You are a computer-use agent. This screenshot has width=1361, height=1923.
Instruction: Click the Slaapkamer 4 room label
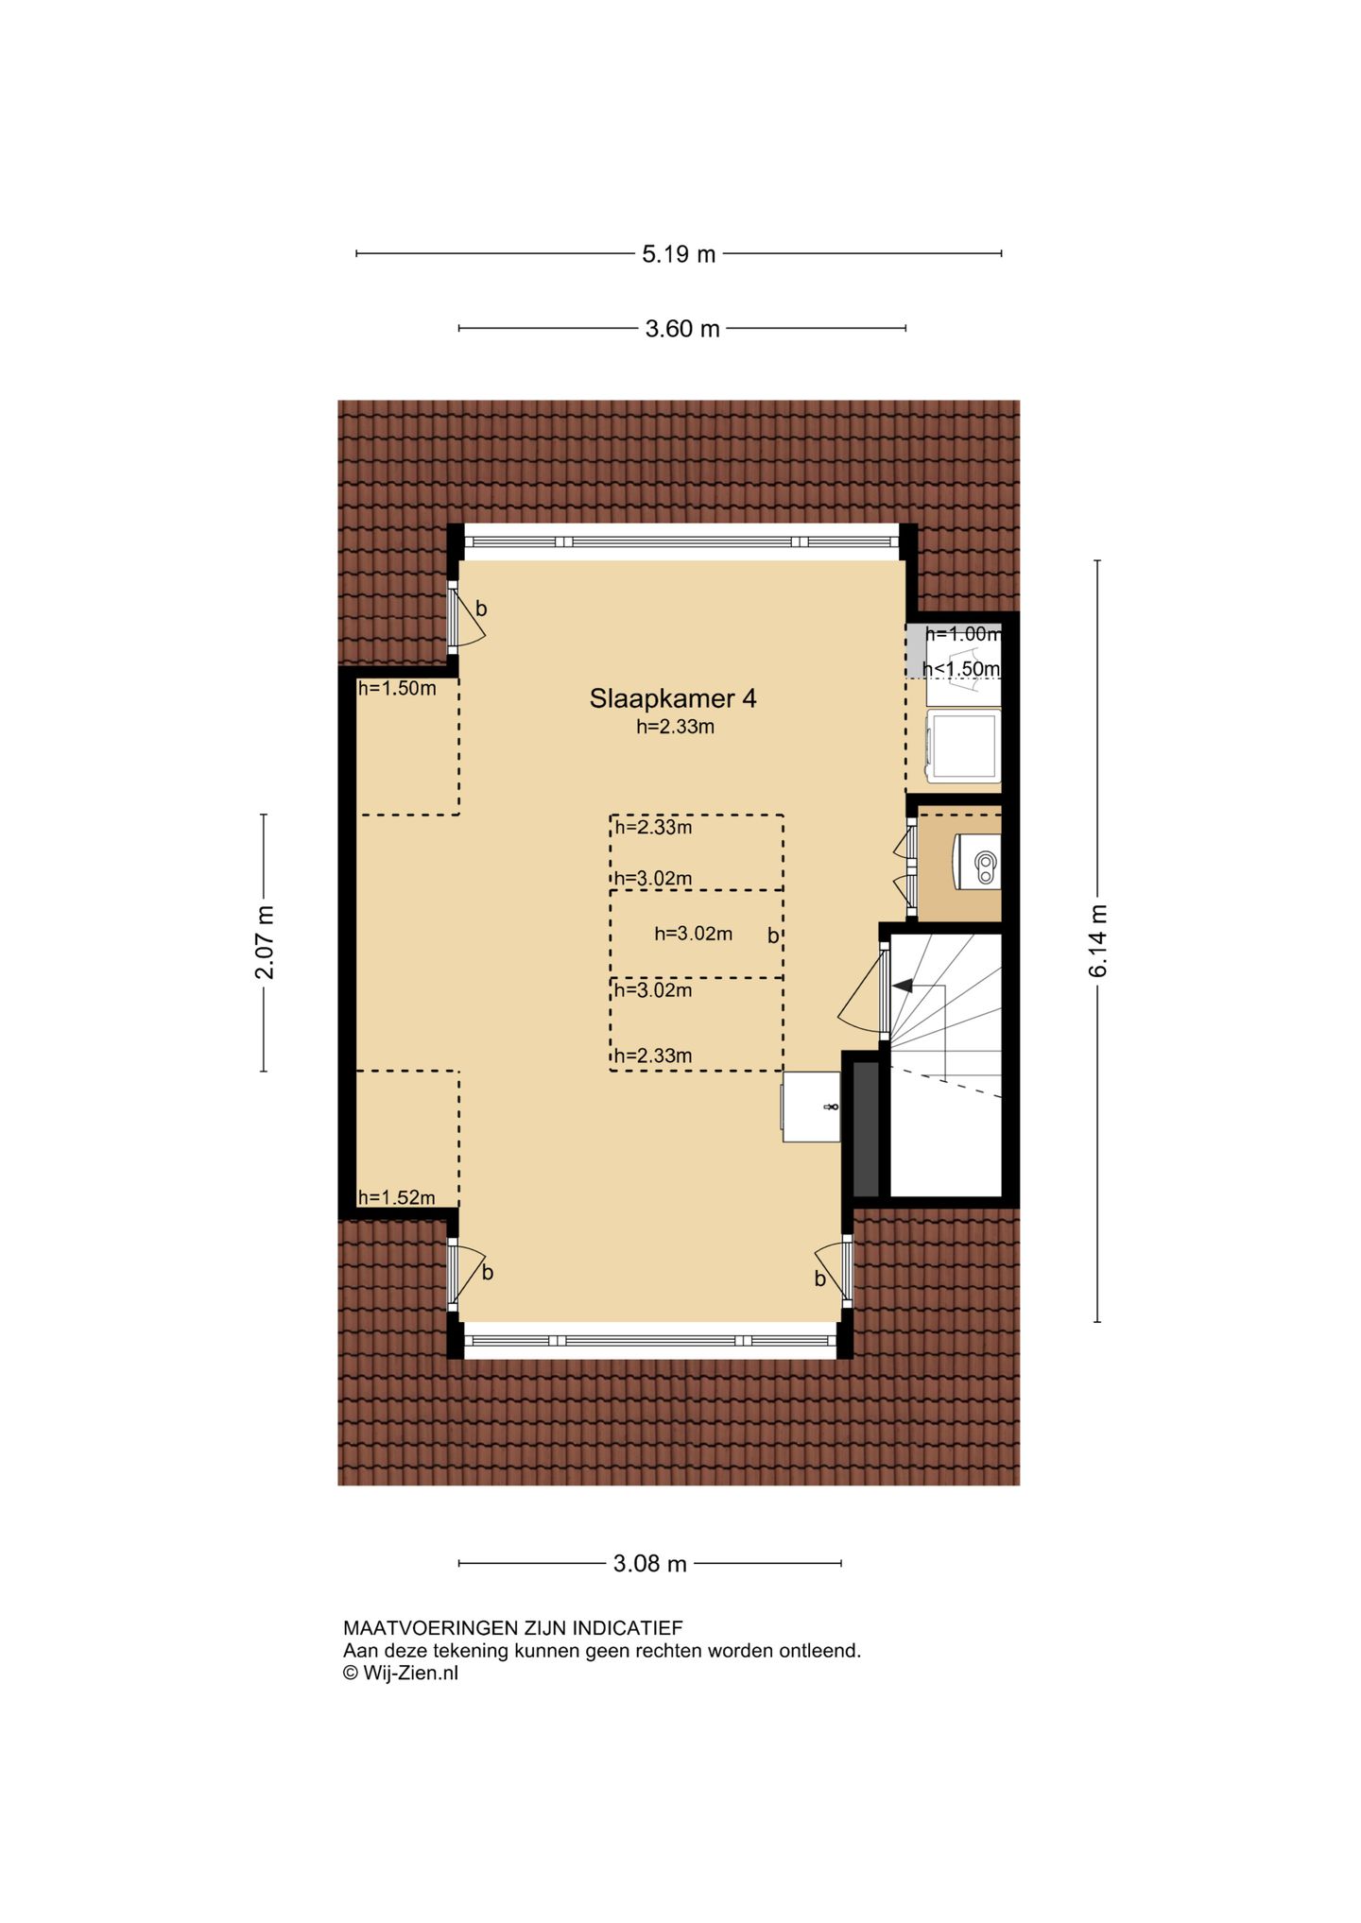point(673,698)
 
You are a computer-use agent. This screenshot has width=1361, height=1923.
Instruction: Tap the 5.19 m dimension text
point(679,254)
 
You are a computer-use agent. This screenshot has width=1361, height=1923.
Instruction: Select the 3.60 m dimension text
point(682,329)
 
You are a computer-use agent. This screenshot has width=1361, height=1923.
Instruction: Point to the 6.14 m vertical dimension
point(1097,940)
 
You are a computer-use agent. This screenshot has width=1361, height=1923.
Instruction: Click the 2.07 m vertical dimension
point(265,943)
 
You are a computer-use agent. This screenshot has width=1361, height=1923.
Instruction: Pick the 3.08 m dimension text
point(650,1563)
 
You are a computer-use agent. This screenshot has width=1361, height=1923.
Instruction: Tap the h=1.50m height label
point(397,688)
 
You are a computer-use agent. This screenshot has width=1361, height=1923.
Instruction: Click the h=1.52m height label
point(397,1197)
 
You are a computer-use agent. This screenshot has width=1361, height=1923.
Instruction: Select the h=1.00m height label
point(962,634)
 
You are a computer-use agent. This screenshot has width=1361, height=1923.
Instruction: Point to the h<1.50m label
point(960,669)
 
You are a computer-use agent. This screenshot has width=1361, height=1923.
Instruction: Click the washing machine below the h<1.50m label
point(963,746)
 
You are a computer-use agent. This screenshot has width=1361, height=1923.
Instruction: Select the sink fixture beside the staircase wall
point(811,1107)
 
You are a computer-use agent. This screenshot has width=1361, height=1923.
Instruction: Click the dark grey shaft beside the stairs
point(866,1129)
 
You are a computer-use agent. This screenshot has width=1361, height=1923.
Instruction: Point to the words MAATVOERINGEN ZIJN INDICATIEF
point(512,1627)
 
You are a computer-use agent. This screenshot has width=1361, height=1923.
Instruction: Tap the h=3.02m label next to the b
point(693,934)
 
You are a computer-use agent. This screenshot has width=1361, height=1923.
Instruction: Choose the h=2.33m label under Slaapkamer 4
point(675,727)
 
